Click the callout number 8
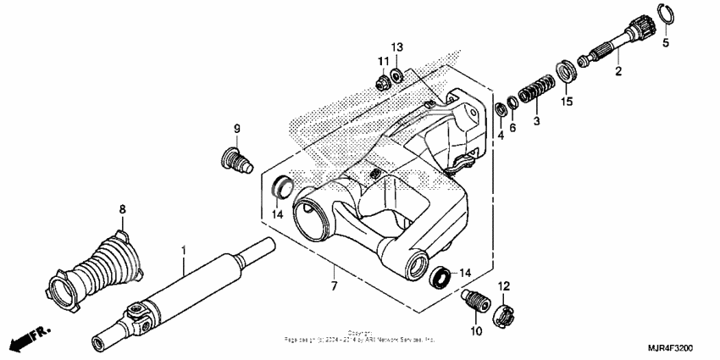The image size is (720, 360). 122,208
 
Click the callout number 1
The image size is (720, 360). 184,250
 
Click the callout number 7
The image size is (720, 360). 334,286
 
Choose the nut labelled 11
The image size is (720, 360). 382,82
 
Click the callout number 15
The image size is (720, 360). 567,102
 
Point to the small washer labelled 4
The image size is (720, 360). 501,108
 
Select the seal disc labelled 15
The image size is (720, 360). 565,69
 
